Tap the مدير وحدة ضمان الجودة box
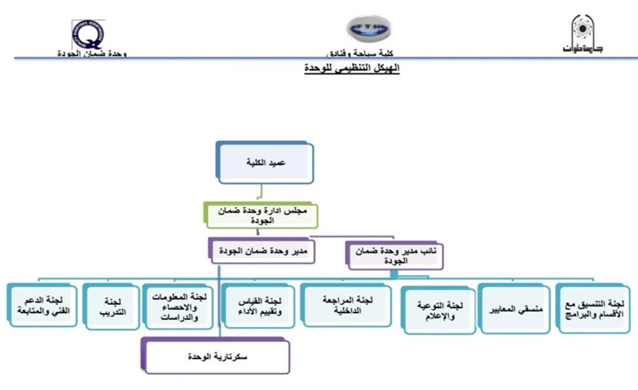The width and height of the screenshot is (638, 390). pos(261,251)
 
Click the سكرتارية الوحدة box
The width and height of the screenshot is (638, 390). pos(216,356)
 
